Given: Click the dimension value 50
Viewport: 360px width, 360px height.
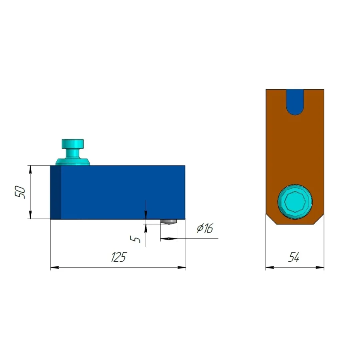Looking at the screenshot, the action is click(x=20, y=192).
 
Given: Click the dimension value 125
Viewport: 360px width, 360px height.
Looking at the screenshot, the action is click(x=119, y=257).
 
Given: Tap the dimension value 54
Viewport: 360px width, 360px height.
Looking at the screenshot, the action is click(x=294, y=257).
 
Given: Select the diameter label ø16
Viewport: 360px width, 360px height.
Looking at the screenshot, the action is click(x=205, y=228).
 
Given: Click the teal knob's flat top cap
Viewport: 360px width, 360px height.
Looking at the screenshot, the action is click(x=72, y=144).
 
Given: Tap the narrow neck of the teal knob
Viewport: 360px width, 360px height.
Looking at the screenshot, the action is click(x=72, y=153).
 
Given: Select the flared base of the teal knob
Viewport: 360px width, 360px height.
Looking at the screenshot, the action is click(x=72, y=162).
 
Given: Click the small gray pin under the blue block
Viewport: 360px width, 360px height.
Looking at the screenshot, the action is click(x=168, y=222).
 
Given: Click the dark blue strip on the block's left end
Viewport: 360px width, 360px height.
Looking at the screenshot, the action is click(x=56, y=192).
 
